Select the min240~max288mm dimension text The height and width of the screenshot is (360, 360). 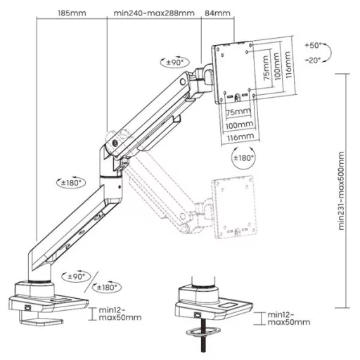pos(153,13)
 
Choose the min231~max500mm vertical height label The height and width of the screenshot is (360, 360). pos(342,191)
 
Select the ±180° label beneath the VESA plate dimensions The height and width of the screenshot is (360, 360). pos(241,158)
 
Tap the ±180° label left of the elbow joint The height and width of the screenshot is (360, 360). pos(70,183)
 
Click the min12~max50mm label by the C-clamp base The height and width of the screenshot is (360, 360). pos(119,314)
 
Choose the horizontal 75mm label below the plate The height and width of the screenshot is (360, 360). pos(239,112)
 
